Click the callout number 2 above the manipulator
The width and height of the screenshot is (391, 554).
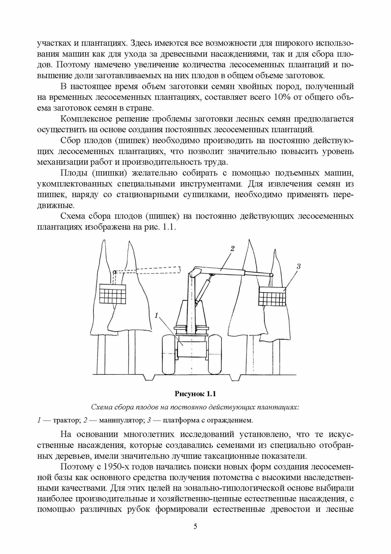point(232,248)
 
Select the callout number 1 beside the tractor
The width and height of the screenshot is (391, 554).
point(157,315)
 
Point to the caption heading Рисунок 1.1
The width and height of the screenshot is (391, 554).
point(195,394)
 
